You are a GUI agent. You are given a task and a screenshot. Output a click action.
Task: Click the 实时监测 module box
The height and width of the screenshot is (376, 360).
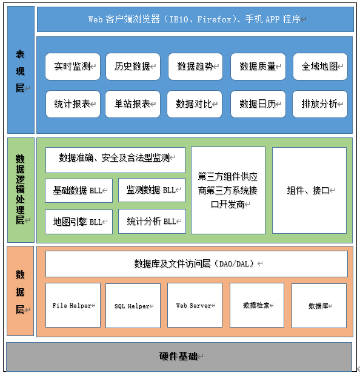73,67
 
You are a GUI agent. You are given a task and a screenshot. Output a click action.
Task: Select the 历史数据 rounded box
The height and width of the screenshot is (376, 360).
133,67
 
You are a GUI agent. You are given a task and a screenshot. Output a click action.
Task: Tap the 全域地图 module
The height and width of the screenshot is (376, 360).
320,67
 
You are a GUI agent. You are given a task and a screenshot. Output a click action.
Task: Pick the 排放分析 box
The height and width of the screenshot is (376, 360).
320,104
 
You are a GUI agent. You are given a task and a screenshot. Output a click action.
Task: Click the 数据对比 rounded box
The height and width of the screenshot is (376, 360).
195,104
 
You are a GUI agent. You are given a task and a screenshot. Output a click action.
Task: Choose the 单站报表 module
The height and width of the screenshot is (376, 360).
133,104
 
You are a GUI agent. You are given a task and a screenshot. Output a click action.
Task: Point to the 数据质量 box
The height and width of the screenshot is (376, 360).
258,67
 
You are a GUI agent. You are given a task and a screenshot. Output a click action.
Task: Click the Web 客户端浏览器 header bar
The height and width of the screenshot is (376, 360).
195,19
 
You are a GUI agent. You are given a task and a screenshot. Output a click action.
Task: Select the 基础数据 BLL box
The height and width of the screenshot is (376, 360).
79,191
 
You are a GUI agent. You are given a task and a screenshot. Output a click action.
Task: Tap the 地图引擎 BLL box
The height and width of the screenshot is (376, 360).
79,222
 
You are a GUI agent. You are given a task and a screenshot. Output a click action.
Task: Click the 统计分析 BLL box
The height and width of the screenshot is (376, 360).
152,222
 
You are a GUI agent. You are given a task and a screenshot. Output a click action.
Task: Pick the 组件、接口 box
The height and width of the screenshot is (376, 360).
309,190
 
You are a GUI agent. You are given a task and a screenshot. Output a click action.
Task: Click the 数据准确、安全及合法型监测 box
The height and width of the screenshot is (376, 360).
115,160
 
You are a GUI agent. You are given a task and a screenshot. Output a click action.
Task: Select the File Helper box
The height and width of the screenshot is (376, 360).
73,305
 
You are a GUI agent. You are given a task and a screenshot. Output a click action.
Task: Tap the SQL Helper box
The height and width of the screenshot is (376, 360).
133,306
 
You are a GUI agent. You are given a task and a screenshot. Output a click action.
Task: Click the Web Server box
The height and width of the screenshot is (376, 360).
195,305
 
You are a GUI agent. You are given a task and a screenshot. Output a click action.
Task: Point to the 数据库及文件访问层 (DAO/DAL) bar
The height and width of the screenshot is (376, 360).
196,264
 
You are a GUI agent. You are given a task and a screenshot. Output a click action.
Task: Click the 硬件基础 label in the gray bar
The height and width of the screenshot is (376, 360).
178,357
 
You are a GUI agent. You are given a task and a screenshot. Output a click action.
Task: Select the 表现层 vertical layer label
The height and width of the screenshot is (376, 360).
20,71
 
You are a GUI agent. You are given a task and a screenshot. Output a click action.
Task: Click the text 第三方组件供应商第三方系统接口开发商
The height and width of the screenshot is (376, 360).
228,190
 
